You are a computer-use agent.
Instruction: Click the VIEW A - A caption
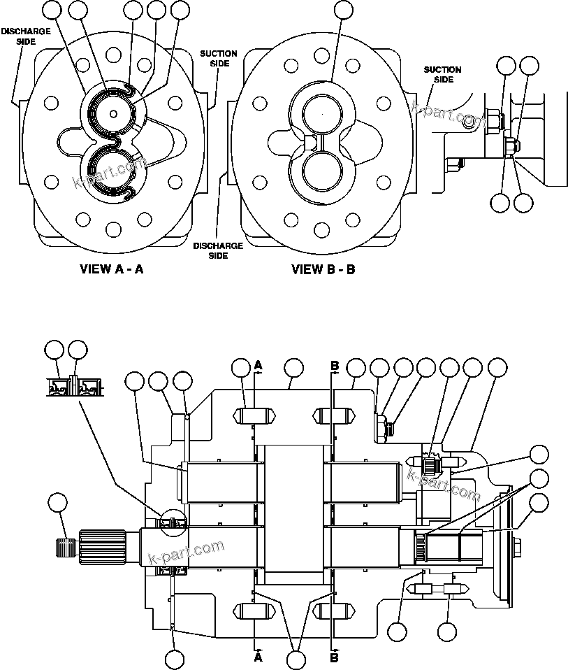(x=112, y=269)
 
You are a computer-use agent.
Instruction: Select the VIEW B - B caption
(x=323, y=269)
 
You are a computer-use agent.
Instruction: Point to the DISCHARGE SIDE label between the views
(x=218, y=250)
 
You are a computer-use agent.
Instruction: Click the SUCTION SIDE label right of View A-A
(x=218, y=58)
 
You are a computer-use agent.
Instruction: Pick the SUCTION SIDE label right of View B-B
(x=442, y=74)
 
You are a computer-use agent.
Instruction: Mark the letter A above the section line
(x=258, y=365)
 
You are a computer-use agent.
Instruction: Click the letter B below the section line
(x=334, y=657)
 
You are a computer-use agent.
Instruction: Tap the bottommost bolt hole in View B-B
(x=322, y=229)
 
